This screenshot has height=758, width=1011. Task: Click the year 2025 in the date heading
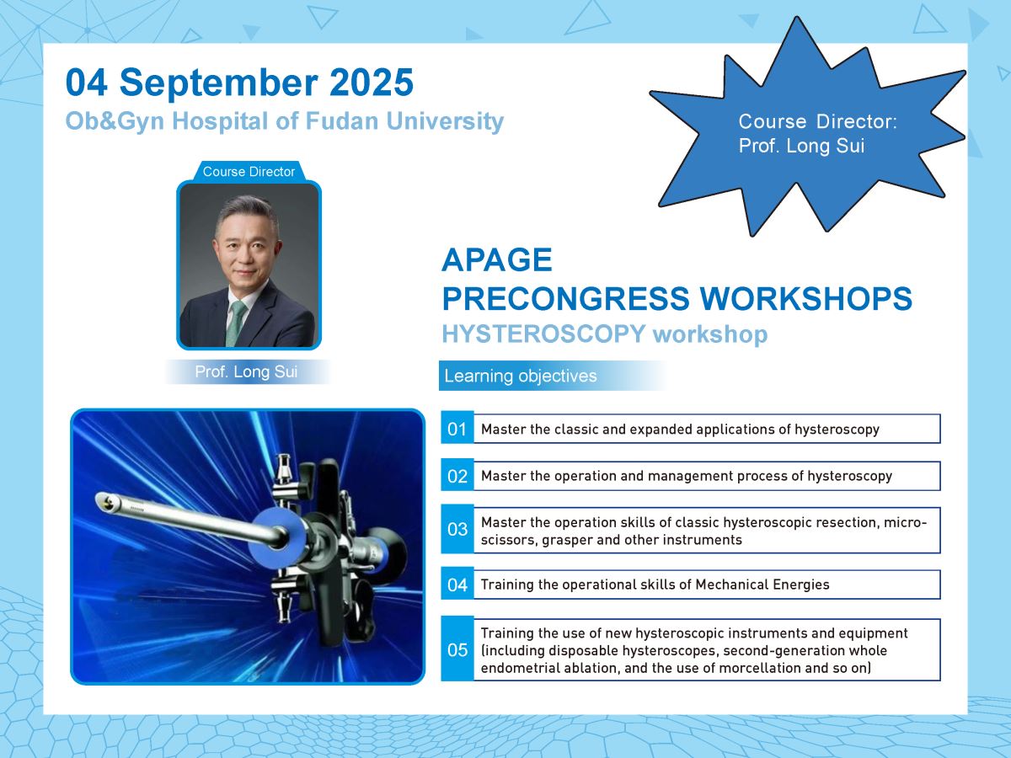click(372, 83)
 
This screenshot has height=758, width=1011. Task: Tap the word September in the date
click(218, 83)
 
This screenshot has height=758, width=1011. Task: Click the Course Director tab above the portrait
click(249, 171)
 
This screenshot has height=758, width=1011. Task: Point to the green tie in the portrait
click(236, 323)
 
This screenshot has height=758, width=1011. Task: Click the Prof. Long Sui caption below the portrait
click(246, 371)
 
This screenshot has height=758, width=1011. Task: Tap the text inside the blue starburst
click(817, 133)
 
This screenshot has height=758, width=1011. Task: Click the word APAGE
click(497, 259)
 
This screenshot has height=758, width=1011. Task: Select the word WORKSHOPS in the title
click(805, 299)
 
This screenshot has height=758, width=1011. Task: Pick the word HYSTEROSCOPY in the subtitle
click(543, 334)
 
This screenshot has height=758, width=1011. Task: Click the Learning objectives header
click(521, 376)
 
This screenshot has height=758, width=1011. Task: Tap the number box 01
click(457, 429)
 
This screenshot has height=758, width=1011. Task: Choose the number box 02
click(457, 476)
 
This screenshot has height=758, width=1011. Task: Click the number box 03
click(457, 529)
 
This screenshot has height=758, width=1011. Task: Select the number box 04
click(457, 585)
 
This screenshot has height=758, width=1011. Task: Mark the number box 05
click(457, 650)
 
